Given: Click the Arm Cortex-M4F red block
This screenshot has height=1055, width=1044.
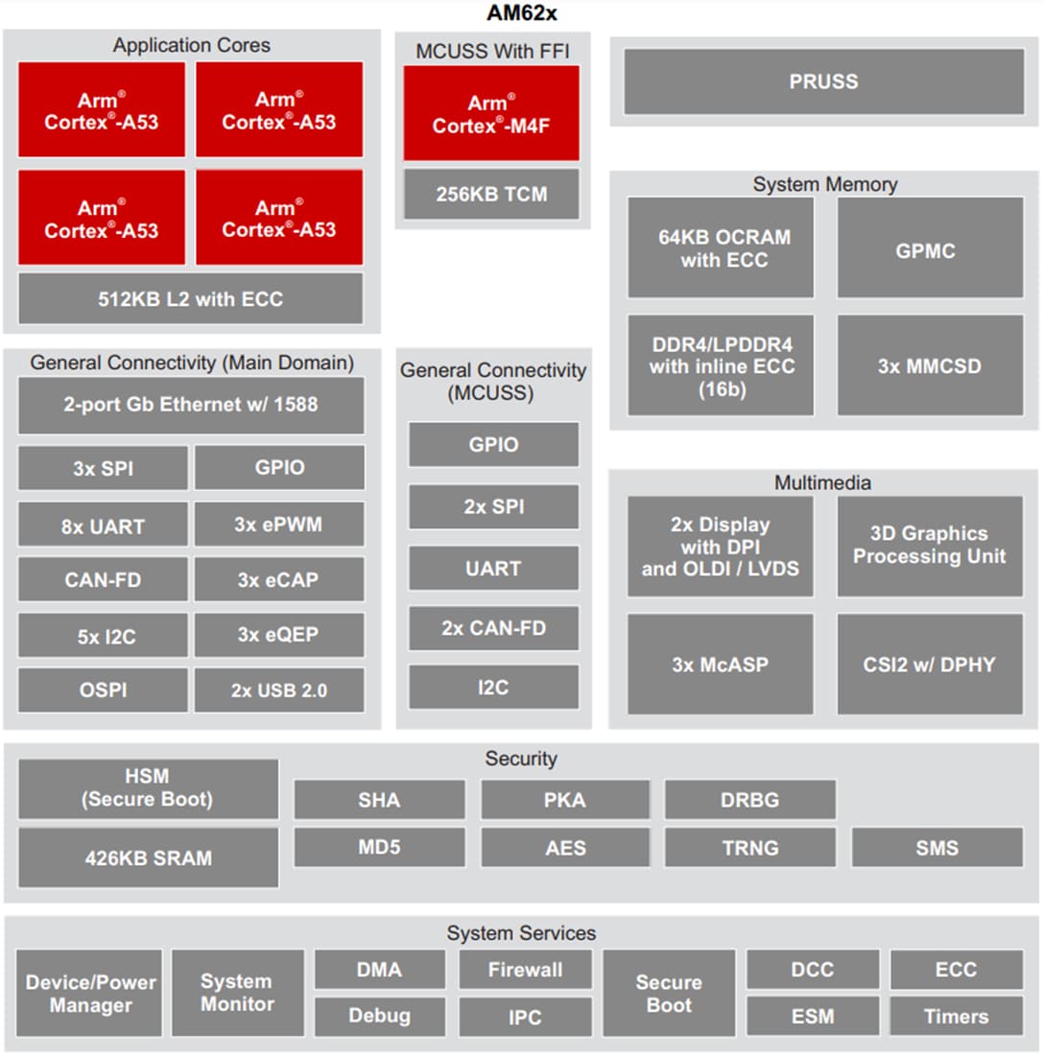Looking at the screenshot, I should pyautogui.click(x=491, y=113).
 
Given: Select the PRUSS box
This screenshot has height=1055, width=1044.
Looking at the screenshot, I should pyautogui.click(x=823, y=82).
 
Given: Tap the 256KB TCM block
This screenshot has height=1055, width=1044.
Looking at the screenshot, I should pyautogui.click(x=491, y=194).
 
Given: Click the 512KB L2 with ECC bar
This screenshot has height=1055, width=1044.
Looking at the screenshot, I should pyautogui.click(x=190, y=298).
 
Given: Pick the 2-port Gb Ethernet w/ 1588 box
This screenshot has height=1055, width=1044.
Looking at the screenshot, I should pyautogui.click(x=190, y=405).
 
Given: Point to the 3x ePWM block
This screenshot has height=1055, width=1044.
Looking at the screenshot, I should pyautogui.click(x=278, y=525).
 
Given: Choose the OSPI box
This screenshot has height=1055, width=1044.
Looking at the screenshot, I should pyautogui.click(x=103, y=691).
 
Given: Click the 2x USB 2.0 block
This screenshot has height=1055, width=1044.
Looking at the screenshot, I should pyautogui.click(x=278, y=691).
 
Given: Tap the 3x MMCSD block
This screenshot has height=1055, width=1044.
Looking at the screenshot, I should pyautogui.click(x=929, y=365).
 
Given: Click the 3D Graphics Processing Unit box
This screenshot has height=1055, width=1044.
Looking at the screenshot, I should pyautogui.click(x=929, y=545).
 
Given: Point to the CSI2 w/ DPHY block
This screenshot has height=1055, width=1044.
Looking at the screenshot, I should pyautogui.click(x=929, y=664).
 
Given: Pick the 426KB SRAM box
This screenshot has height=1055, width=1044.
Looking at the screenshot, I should pyautogui.click(x=148, y=857).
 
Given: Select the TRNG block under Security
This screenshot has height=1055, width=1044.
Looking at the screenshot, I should pyautogui.click(x=749, y=848).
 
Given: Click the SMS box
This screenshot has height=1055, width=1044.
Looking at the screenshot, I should pyautogui.click(x=937, y=848).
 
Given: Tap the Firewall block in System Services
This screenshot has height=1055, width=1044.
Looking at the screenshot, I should pyautogui.click(x=525, y=970).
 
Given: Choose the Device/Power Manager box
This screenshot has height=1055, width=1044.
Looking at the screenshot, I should pyautogui.click(x=90, y=994).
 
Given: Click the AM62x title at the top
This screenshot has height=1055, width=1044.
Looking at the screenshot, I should pyautogui.click(x=521, y=14).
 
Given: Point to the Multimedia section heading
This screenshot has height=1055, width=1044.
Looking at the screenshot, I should pyautogui.click(x=822, y=482).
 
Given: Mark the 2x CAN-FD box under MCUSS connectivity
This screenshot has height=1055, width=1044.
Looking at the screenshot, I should pyautogui.click(x=493, y=628).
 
